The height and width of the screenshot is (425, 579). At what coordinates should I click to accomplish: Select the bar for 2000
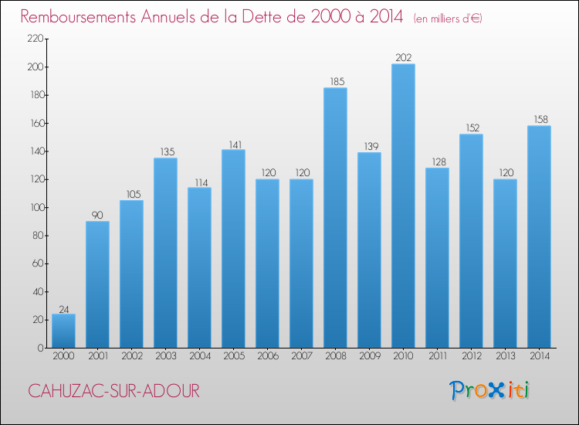[63, 331]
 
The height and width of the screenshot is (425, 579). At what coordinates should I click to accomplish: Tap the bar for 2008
[335, 218]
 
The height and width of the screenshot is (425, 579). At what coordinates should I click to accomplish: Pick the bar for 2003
[165, 253]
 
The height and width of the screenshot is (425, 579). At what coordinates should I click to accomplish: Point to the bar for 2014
[539, 236]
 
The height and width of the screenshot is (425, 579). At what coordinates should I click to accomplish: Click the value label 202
[403, 57]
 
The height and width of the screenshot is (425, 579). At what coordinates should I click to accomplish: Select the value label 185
[335, 81]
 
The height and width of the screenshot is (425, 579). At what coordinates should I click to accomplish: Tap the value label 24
[63, 307]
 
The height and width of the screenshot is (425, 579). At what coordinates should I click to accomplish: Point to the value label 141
[233, 143]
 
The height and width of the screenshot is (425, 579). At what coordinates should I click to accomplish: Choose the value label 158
[539, 119]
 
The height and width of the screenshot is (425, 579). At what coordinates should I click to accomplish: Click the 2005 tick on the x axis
[233, 356]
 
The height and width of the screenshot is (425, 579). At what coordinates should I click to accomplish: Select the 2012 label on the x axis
[471, 356]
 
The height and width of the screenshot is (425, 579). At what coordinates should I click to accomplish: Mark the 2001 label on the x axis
[97, 356]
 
